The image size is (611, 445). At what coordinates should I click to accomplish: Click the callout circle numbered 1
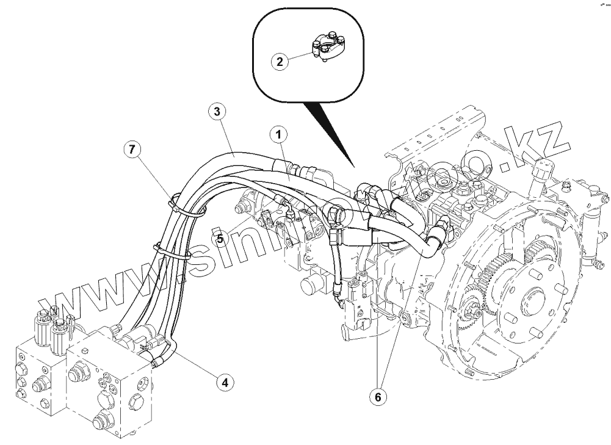(278, 132)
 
